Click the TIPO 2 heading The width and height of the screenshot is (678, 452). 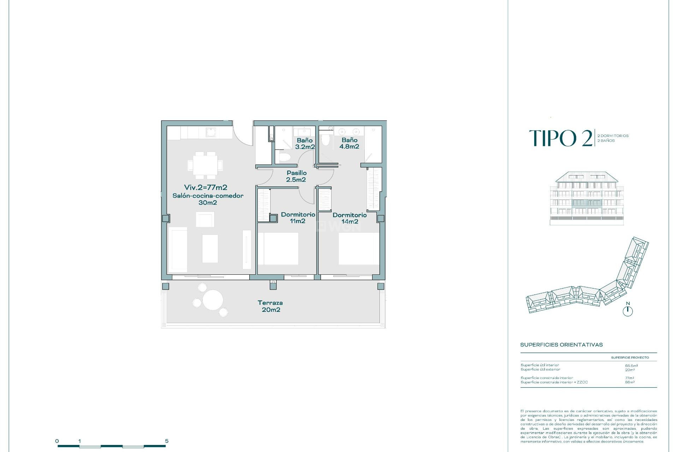pos(561,138)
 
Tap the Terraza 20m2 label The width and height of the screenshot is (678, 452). pos(270,306)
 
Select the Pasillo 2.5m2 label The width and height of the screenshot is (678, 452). pos(296,176)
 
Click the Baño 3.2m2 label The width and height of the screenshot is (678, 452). pos(305,144)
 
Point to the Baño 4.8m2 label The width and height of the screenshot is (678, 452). pos(349,143)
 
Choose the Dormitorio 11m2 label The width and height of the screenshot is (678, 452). pos(298,218)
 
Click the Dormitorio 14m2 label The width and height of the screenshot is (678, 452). pos(350,218)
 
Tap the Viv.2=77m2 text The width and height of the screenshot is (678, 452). pos(206,188)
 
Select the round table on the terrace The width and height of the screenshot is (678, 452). pos(213,300)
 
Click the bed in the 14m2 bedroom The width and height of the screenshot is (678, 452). pos(359,249)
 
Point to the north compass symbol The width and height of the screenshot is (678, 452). pos(628,311)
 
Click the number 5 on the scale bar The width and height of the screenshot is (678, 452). pos(167,441)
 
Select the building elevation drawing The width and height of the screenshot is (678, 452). pos(587,198)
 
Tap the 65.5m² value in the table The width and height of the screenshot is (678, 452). pos(631,365)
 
